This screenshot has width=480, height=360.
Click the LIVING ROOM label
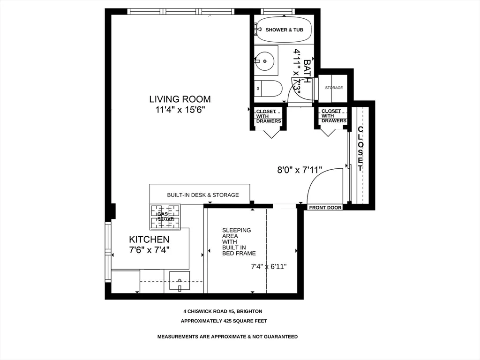coord(180,99)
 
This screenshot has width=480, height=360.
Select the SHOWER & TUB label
coord(284,30)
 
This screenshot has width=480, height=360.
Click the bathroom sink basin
coord(265,60)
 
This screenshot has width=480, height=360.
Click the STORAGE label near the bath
coord(334,88)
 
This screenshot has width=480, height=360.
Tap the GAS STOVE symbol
coord(165,216)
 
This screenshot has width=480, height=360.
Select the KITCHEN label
coord(149,240)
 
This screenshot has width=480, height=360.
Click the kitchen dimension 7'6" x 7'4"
coord(149,250)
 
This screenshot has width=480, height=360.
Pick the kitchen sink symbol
coord(179,281)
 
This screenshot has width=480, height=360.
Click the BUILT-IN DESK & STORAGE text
coord(202,195)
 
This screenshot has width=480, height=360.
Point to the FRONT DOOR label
coord(325,207)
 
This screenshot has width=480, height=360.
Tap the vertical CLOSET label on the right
coord(360,149)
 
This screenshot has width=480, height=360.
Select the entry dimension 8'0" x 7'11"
coord(299,171)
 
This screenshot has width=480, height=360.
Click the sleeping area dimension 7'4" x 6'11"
coord(269,267)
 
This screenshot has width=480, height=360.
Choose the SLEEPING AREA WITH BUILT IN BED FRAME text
coord(239,242)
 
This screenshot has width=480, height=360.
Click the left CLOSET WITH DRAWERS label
coord(269,116)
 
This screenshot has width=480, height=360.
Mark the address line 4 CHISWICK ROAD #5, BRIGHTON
coord(223,311)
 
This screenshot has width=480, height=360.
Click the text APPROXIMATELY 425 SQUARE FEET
coord(224,321)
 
